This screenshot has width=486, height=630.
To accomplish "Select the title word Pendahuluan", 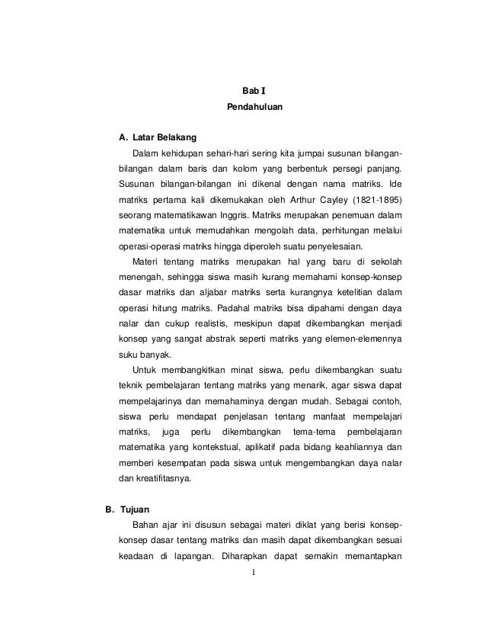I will (x=254, y=109).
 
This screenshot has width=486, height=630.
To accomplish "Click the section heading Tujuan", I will (x=126, y=508).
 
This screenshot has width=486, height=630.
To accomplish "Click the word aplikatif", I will (x=265, y=447).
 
